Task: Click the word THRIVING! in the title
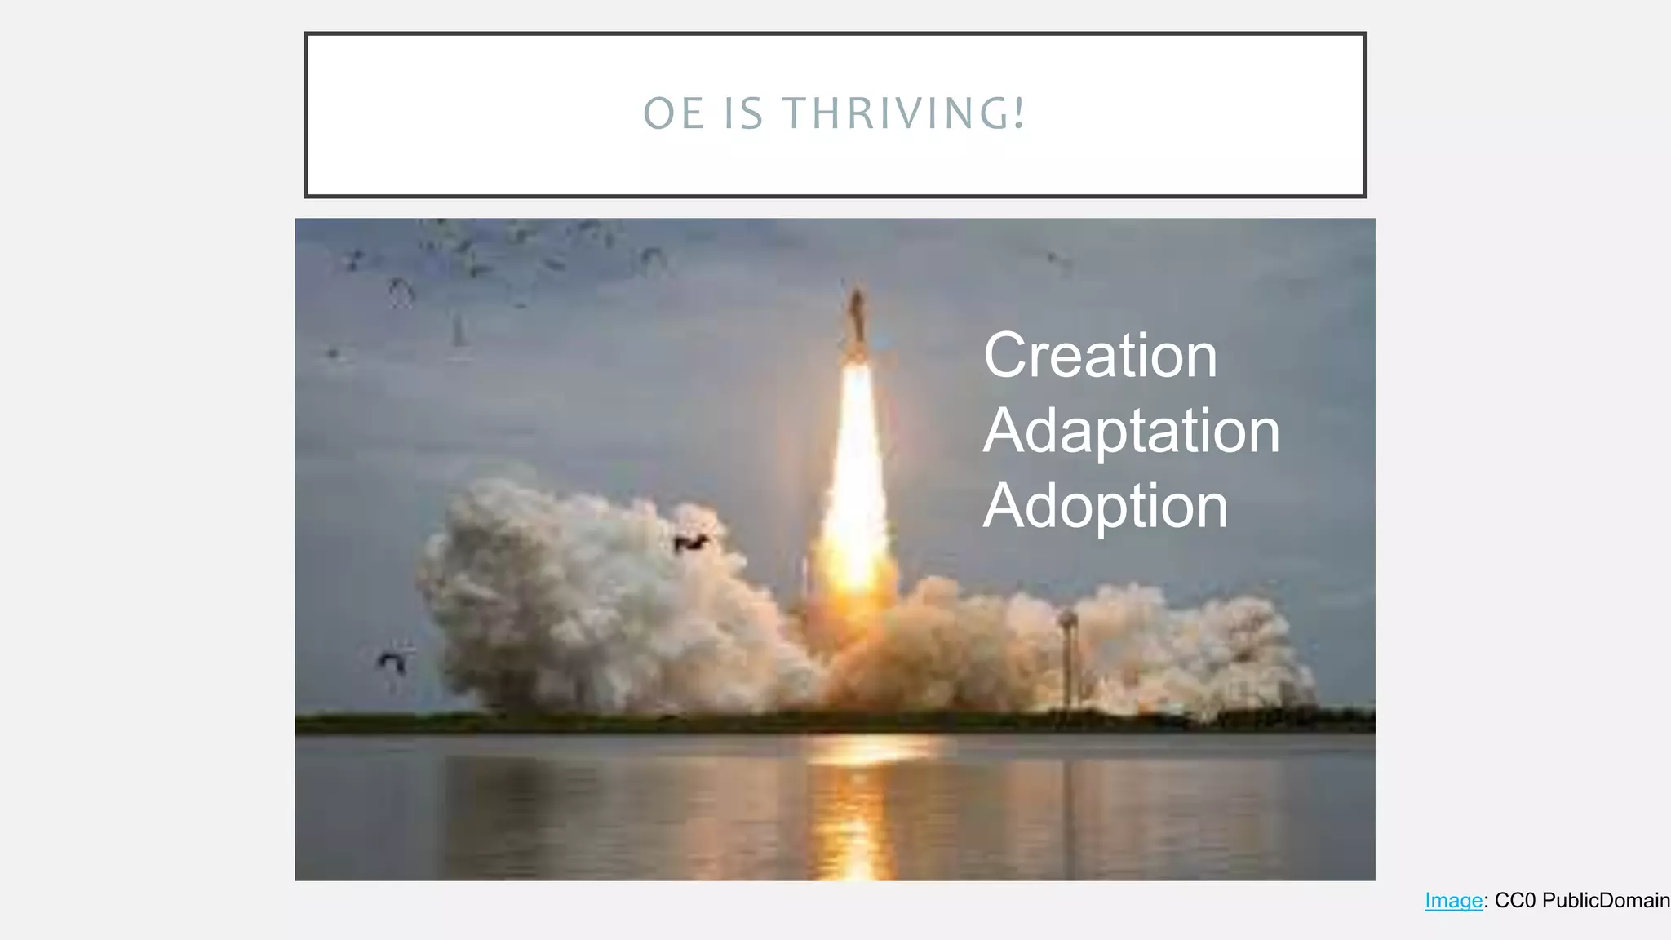pos(904,113)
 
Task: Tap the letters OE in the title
pos(674,113)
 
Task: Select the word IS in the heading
pos(743,113)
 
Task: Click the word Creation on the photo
pos(1100,356)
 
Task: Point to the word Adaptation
pos(1131,431)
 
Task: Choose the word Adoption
pos(1105,507)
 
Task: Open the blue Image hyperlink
pos(1453,901)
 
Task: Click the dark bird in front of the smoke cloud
pos(689,543)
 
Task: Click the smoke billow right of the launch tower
pos(1183,645)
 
